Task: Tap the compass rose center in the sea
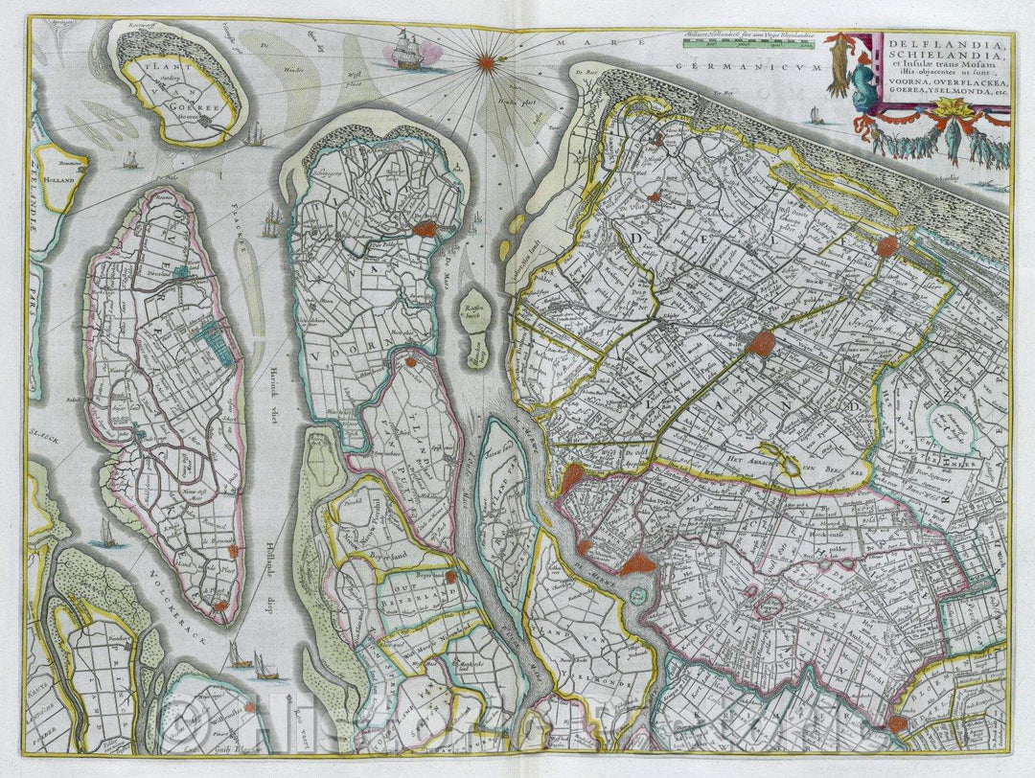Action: [486, 63]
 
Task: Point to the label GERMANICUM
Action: [747, 68]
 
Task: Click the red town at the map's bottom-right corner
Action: [898, 723]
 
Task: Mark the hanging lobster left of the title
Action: [839, 63]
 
